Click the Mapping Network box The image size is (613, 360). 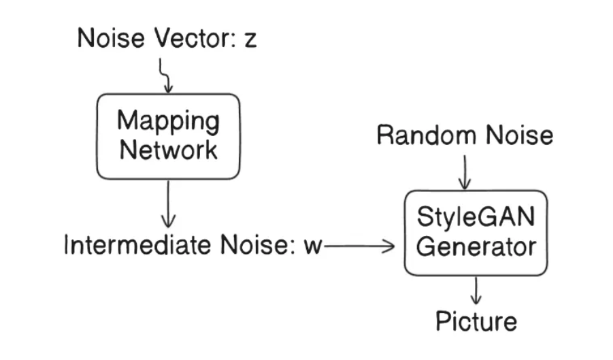pos(168,136)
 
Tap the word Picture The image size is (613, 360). pos(476,321)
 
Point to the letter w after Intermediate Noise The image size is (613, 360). pos(312,246)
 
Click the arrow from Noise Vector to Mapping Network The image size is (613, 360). pos(165,75)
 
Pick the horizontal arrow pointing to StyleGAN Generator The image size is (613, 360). pos(359,246)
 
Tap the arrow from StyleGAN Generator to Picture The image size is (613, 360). pos(476,291)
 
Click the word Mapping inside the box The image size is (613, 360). pos(168,122)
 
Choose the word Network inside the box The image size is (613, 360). pos(168,149)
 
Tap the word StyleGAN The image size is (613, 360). pos(476,218)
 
